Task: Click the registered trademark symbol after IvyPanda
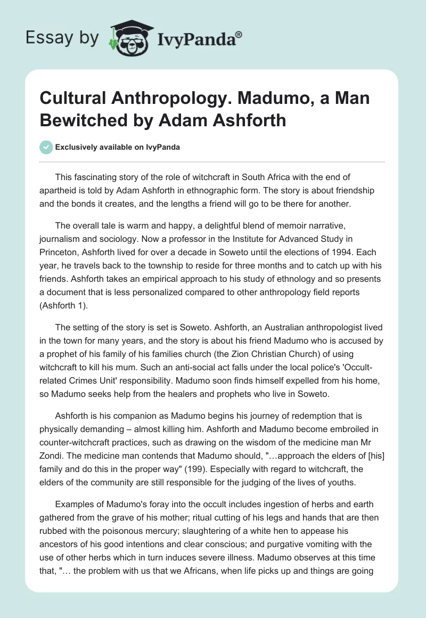point(239,35)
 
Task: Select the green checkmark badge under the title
point(46,148)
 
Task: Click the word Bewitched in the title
point(83,120)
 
